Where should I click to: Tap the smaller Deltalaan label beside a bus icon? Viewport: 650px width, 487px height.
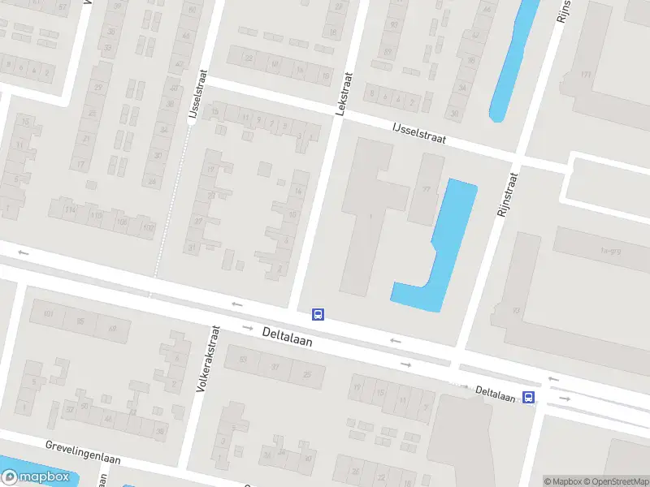point(496,394)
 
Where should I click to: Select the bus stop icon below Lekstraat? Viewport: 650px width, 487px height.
point(318,314)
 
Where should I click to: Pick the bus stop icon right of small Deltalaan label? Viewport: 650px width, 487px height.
point(528,397)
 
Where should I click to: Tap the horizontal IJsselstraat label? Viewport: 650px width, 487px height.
point(419,134)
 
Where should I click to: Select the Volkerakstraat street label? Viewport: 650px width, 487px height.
point(209,359)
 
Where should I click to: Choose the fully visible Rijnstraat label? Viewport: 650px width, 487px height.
point(508,193)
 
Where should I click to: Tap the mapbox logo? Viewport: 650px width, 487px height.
point(36,477)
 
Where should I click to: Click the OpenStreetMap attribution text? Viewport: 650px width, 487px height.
point(619,481)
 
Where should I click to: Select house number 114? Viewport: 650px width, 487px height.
point(71,211)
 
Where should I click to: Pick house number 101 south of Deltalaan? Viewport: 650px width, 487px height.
point(48,313)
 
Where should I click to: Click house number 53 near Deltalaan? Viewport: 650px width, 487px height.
point(242,360)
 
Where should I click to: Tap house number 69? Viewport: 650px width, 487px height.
point(112,328)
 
